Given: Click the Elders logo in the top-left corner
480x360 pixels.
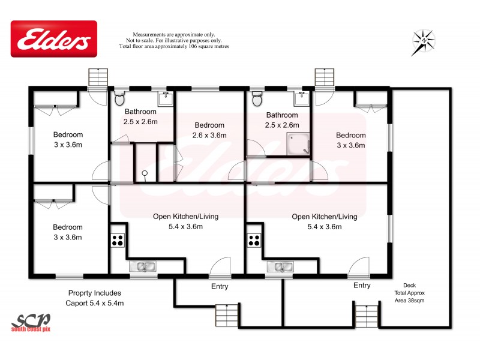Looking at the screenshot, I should pos(54,40).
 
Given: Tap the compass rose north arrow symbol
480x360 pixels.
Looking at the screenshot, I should pos(424,42).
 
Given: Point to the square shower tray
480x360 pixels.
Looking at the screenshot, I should pos(298,144).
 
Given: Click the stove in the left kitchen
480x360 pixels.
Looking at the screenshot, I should pos(118,240).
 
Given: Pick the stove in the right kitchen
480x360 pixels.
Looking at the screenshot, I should pos(254,240).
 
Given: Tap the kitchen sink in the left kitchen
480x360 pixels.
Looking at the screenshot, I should pos(143,266).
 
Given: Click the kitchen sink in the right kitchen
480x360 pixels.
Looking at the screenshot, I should pos(279,266).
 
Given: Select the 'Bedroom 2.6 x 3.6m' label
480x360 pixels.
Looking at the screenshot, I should pos(209,130).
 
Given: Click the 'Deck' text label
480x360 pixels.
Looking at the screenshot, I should pos(409,285).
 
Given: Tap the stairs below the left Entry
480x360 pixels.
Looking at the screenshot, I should pos(227,315).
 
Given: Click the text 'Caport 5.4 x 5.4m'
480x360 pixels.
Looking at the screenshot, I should pos(94,303).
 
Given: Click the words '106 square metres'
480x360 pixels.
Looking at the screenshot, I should pos(204,46).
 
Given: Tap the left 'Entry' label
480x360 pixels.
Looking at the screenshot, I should pos(220,287).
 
